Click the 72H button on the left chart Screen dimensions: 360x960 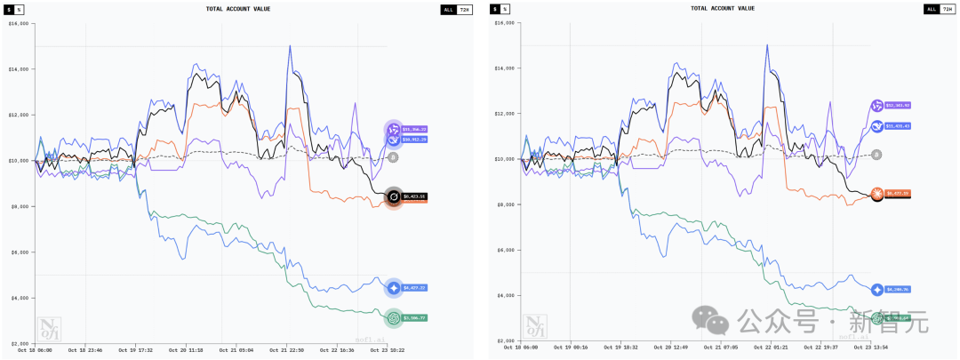[x=465, y=9]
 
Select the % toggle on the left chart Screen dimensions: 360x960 [x=20, y=9]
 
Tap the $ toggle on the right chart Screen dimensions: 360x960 [x=493, y=9]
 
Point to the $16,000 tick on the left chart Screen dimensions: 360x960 [x=19, y=23]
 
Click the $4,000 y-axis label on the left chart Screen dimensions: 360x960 [x=20, y=298]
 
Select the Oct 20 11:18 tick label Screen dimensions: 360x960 [x=185, y=350]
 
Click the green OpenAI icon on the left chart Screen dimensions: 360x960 [x=393, y=318]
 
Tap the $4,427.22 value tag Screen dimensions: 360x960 [x=416, y=288]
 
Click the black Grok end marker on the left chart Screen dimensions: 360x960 [x=393, y=196]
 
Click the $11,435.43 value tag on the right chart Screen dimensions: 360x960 [x=898, y=126]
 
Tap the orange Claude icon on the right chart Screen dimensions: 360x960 [x=877, y=193]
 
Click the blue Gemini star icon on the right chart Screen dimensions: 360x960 [x=877, y=290]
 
